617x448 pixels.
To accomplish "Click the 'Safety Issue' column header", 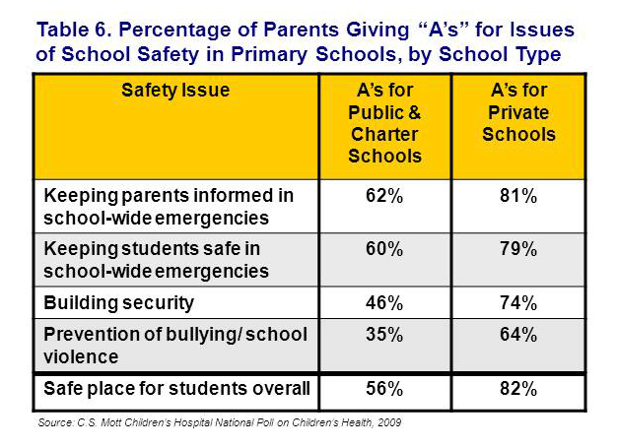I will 175,91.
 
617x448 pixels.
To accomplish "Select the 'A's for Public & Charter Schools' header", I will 384,123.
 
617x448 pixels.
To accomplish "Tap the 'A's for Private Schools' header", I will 518,112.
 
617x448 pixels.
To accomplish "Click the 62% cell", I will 384,196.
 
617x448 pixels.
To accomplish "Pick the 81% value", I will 518,196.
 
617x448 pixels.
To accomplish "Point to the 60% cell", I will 384,249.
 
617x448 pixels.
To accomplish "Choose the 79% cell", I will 518,249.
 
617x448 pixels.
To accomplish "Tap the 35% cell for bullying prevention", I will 384,335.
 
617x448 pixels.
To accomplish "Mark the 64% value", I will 518,335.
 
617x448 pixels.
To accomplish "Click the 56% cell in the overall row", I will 384,389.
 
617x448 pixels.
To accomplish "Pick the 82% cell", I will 518,389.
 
